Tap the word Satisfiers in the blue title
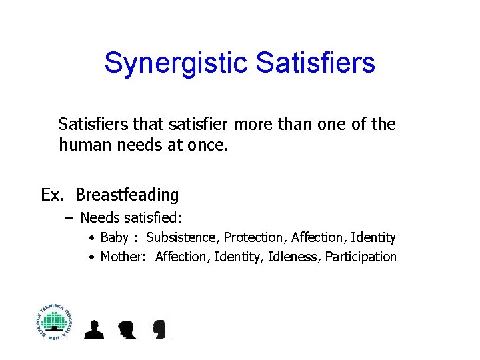tap(315, 63)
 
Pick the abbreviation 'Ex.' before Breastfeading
tap(53, 195)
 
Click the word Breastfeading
tap(127, 195)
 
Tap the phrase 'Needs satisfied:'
tap(131, 217)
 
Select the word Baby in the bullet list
tap(114, 237)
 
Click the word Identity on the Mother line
tap(239, 257)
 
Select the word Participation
tap(361, 257)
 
